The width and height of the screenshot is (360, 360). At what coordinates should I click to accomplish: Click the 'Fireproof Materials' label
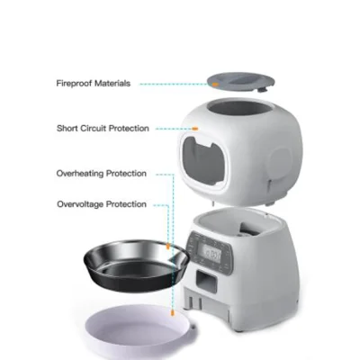click(93, 83)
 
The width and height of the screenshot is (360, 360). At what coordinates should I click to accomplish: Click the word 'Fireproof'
click(75, 83)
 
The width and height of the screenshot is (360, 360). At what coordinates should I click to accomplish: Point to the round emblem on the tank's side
click(274, 158)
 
